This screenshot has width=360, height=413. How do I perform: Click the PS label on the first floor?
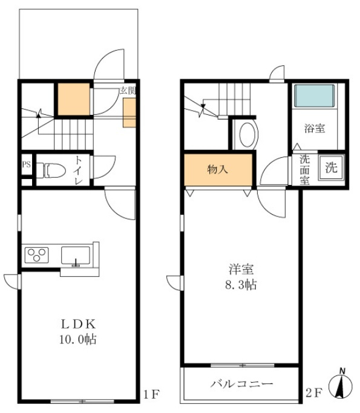(27, 164)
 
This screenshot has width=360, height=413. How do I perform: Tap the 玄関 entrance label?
(128, 91)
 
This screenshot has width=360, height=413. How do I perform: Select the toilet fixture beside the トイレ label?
(51, 171)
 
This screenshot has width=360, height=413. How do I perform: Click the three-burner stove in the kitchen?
(37, 255)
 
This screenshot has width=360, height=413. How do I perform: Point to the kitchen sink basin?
(76, 256)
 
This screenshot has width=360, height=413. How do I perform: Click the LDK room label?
(78, 324)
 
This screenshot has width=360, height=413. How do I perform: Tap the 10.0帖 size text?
(77, 339)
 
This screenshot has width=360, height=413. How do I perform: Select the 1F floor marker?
(151, 394)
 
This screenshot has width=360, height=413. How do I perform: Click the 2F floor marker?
(314, 393)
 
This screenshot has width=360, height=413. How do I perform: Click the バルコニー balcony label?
(241, 384)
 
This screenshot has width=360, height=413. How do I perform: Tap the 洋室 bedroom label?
(241, 269)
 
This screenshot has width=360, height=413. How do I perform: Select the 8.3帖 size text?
(241, 285)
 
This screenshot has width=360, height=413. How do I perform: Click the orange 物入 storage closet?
(218, 170)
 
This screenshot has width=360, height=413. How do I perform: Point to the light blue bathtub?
(315, 96)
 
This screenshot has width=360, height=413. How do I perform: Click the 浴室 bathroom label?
(315, 128)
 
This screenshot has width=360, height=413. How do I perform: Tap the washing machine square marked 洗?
(332, 167)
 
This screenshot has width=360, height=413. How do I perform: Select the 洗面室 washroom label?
(305, 170)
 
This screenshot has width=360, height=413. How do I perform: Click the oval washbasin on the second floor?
(247, 135)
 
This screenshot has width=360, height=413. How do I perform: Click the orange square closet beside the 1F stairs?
(74, 99)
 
